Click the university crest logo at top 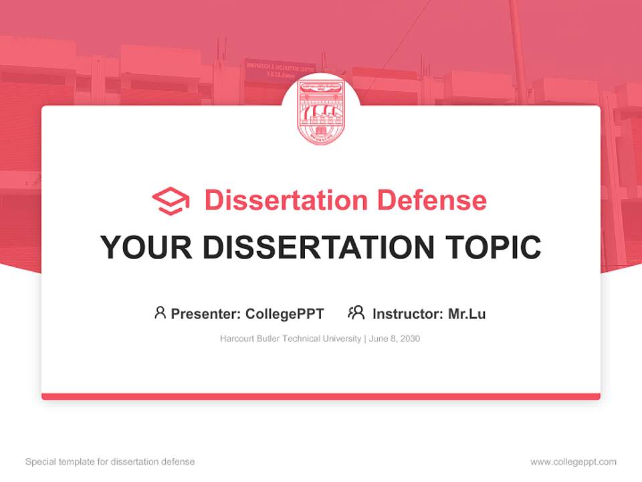320,110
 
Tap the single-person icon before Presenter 160,313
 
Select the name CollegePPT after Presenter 285,313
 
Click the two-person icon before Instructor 356,313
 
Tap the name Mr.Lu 467,313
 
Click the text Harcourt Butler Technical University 291,339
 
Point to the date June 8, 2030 395,339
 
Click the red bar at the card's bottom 320,396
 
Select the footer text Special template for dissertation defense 110,462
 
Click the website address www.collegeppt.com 573,462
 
